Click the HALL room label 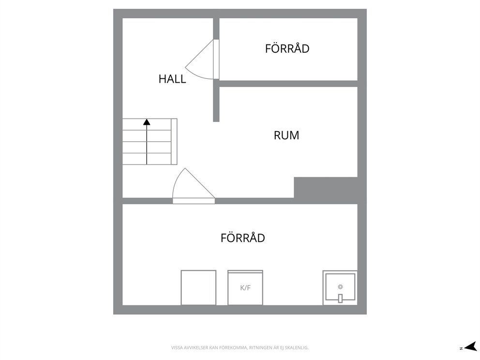[x=172, y=79]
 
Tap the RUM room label [x=286, y=135]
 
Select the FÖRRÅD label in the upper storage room [x=287, y=48]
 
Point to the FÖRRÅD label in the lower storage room [x=243, y=238]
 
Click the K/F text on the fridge [x=245, y=288]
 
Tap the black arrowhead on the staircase [x=147, y=122]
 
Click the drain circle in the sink [x=340, y=287]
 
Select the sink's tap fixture [x=340, y=298]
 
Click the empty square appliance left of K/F [x=198, y=287]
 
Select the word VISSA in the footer [x=176, y=348]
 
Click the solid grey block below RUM [x=326, y=187]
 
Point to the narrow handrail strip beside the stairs [x=174, y=141]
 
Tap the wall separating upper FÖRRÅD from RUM [x=288, y=84]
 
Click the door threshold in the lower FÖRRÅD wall [x=194, y=201]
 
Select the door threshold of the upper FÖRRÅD [x=216, y=59]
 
